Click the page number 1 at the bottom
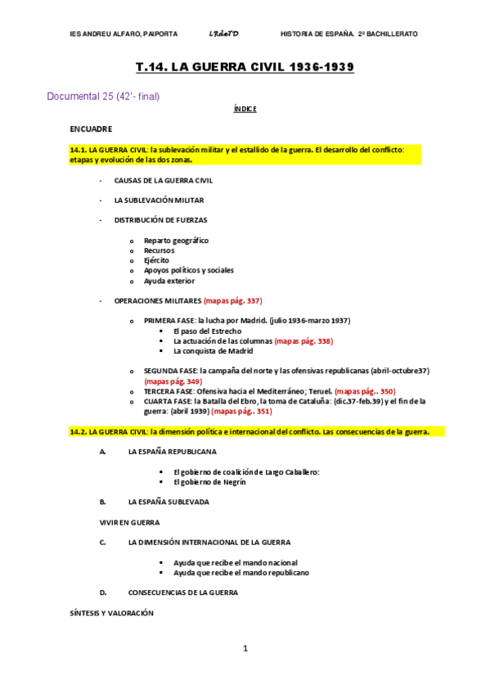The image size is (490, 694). pos(245,649)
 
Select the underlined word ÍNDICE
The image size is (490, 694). pos(245,109)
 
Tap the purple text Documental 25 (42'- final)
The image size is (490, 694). pos(103,97)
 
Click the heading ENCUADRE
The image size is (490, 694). pos(91,129)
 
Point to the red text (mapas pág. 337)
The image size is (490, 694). pos(233,300)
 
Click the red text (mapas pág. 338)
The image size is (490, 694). pos(304,340)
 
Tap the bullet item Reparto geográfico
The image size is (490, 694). pos(176,241)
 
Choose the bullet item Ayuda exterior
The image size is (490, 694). pos(169,281)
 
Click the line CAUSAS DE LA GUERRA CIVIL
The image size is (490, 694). pos(164,180)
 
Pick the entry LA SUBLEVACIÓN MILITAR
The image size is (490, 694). pos(159,200)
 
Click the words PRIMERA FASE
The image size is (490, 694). pos(169,321)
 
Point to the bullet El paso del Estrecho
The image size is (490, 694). pos(208,331)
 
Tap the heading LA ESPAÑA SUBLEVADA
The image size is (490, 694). pos(169,502)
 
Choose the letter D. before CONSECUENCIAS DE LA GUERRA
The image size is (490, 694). pos(103,592)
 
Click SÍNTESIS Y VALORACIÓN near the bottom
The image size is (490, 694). pos(111,612)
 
